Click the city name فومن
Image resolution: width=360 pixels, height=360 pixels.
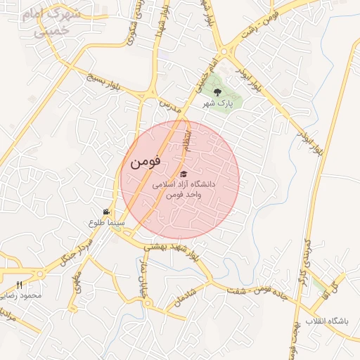click(146, 161)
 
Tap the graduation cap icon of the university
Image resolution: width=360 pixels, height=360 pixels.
click(184, 174)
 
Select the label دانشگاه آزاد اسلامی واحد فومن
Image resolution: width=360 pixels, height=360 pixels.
click(184, 188)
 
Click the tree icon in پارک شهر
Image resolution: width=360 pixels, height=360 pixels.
click(217, 92)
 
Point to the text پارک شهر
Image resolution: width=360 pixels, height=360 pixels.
click(217, 103)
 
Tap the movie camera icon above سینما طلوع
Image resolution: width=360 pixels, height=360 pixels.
click(106, 212)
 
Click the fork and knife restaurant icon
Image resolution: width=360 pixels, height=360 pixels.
click(19, 285)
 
